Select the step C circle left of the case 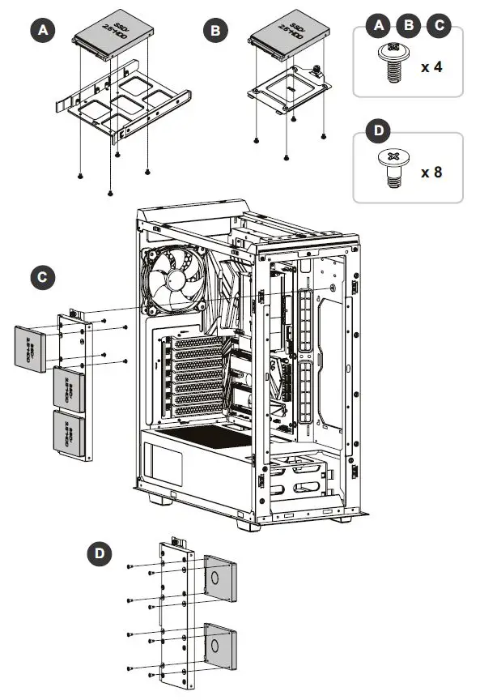(42, 278)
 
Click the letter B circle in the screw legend (409, 25)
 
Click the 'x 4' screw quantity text (431, 66)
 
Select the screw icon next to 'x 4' (393, 63)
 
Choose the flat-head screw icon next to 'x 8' (393, 169)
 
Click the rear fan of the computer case (172, 279)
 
